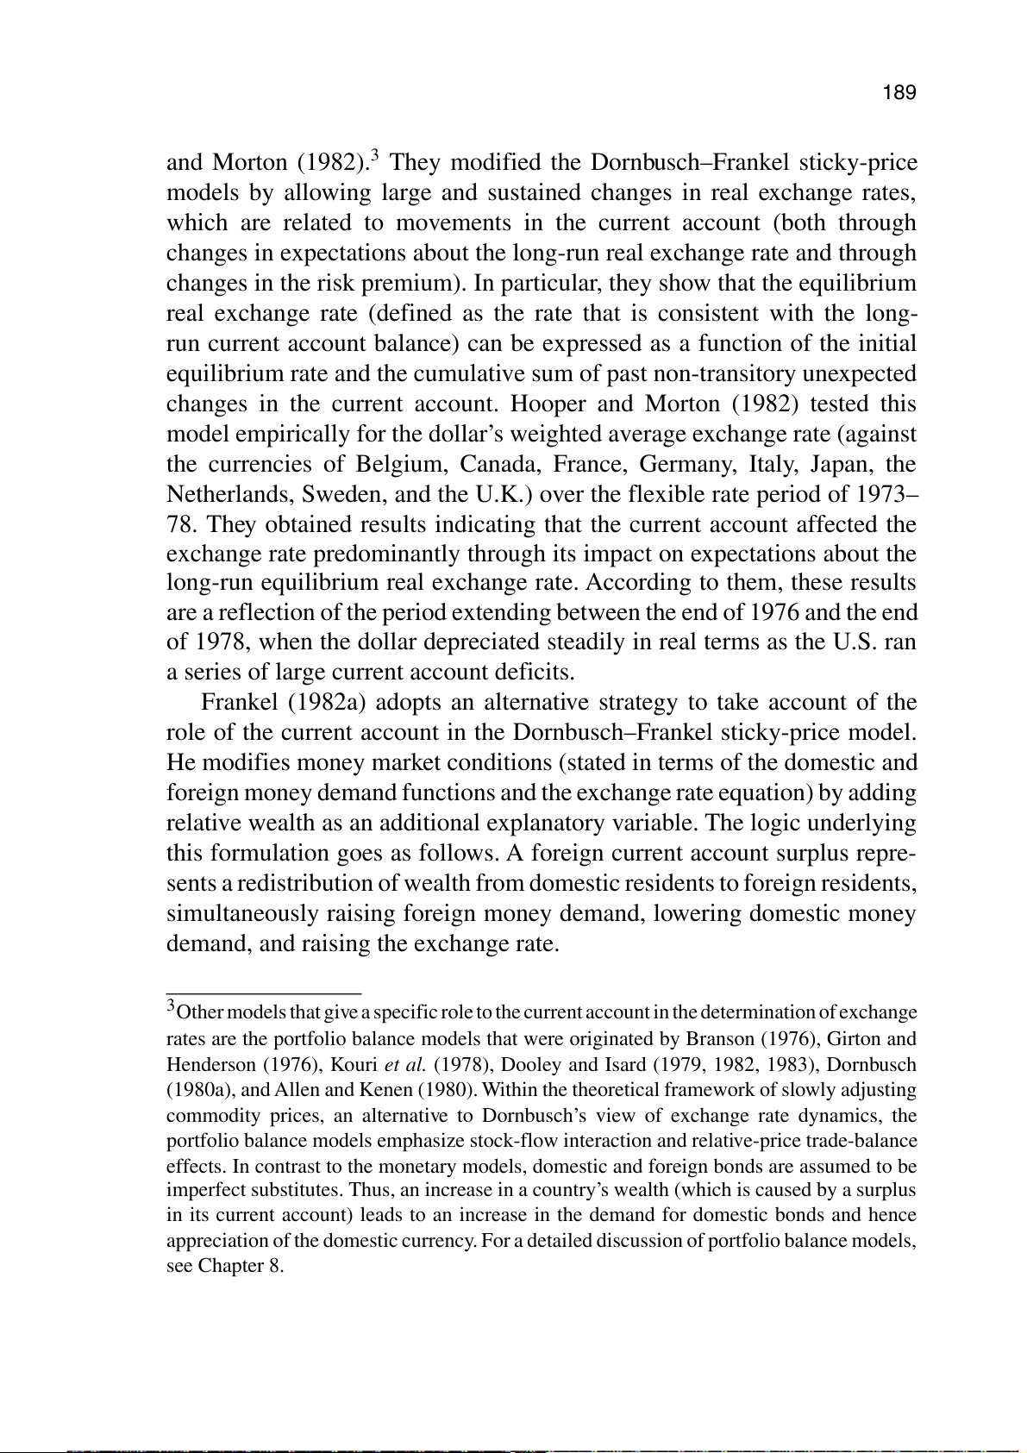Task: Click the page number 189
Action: (x=899, y=93)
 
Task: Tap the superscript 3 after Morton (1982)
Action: (x=374, y=155)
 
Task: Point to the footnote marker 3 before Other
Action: (x=171, y=1005)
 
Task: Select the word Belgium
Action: (x=401, y=465)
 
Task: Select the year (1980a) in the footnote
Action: (x=195, y=1090)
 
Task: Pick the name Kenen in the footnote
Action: (x=385, y=1090)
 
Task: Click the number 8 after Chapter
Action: (x=278, y=1267)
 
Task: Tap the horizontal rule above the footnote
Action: (x=263, y=993)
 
